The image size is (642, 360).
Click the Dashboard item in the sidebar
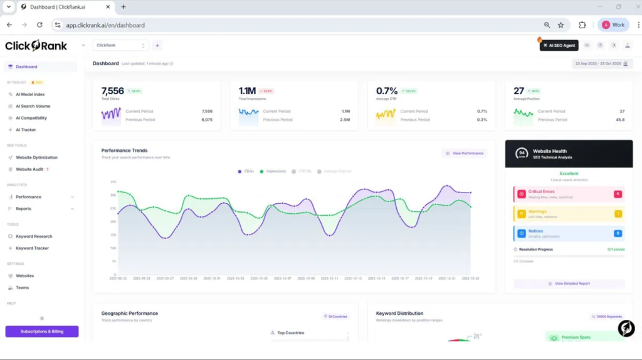click(26, 66)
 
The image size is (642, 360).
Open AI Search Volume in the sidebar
click(33, 106)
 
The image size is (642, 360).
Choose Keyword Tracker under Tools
click(32, 248)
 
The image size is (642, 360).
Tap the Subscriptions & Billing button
click(42, 331)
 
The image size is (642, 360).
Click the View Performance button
click(465, 153)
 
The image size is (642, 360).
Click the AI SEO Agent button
click(559, 45)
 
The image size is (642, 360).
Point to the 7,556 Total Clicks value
click(113, 91)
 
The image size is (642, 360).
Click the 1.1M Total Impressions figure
click(247, 91)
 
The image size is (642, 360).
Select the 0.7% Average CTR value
click(387, 91)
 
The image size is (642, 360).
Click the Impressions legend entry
click(273, 171)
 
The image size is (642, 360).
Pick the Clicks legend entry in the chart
click(246, 171)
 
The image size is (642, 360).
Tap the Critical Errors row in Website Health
click(568, 194)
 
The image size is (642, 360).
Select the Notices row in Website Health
click(568, 233)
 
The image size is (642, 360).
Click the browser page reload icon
click(39, 25)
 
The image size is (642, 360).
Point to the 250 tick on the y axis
click(113, 182)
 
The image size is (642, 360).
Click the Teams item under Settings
click(22, 288)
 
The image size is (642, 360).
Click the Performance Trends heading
click(124, 151)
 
